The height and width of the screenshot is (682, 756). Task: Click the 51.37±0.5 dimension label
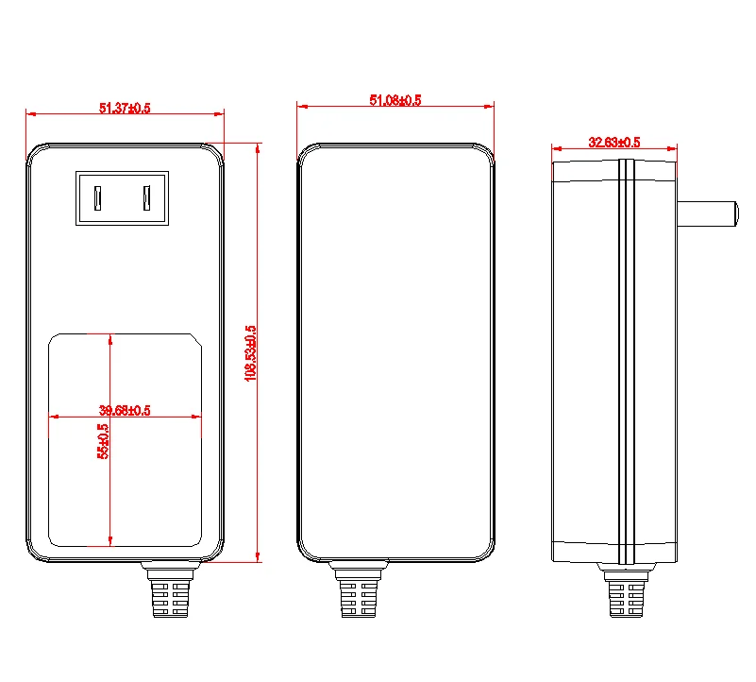pos(125,109)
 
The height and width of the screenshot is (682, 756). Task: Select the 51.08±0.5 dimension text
pos(395,100)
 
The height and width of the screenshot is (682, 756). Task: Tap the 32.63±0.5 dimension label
pos(614,143)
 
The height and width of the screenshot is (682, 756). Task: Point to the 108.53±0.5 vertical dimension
pos(251,352)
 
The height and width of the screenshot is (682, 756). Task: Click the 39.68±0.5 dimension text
pos(126,410)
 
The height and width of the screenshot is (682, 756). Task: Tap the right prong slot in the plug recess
pos(147,198)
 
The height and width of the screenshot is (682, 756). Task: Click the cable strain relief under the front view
pos(172,592)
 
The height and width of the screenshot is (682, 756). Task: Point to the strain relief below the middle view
pos(359,592)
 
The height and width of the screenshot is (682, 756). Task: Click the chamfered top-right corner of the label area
pos(195,338)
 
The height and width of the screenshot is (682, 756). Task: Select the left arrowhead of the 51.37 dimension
pos(30,114)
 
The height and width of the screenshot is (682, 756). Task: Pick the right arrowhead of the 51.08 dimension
pos(491,106)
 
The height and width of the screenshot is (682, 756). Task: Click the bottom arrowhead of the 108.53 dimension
pos(258,557)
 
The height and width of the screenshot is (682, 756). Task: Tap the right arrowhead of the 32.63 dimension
pos(673,148)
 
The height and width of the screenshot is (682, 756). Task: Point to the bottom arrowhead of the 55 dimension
pos(111,542)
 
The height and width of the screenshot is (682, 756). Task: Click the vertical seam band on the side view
pos(626,359)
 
